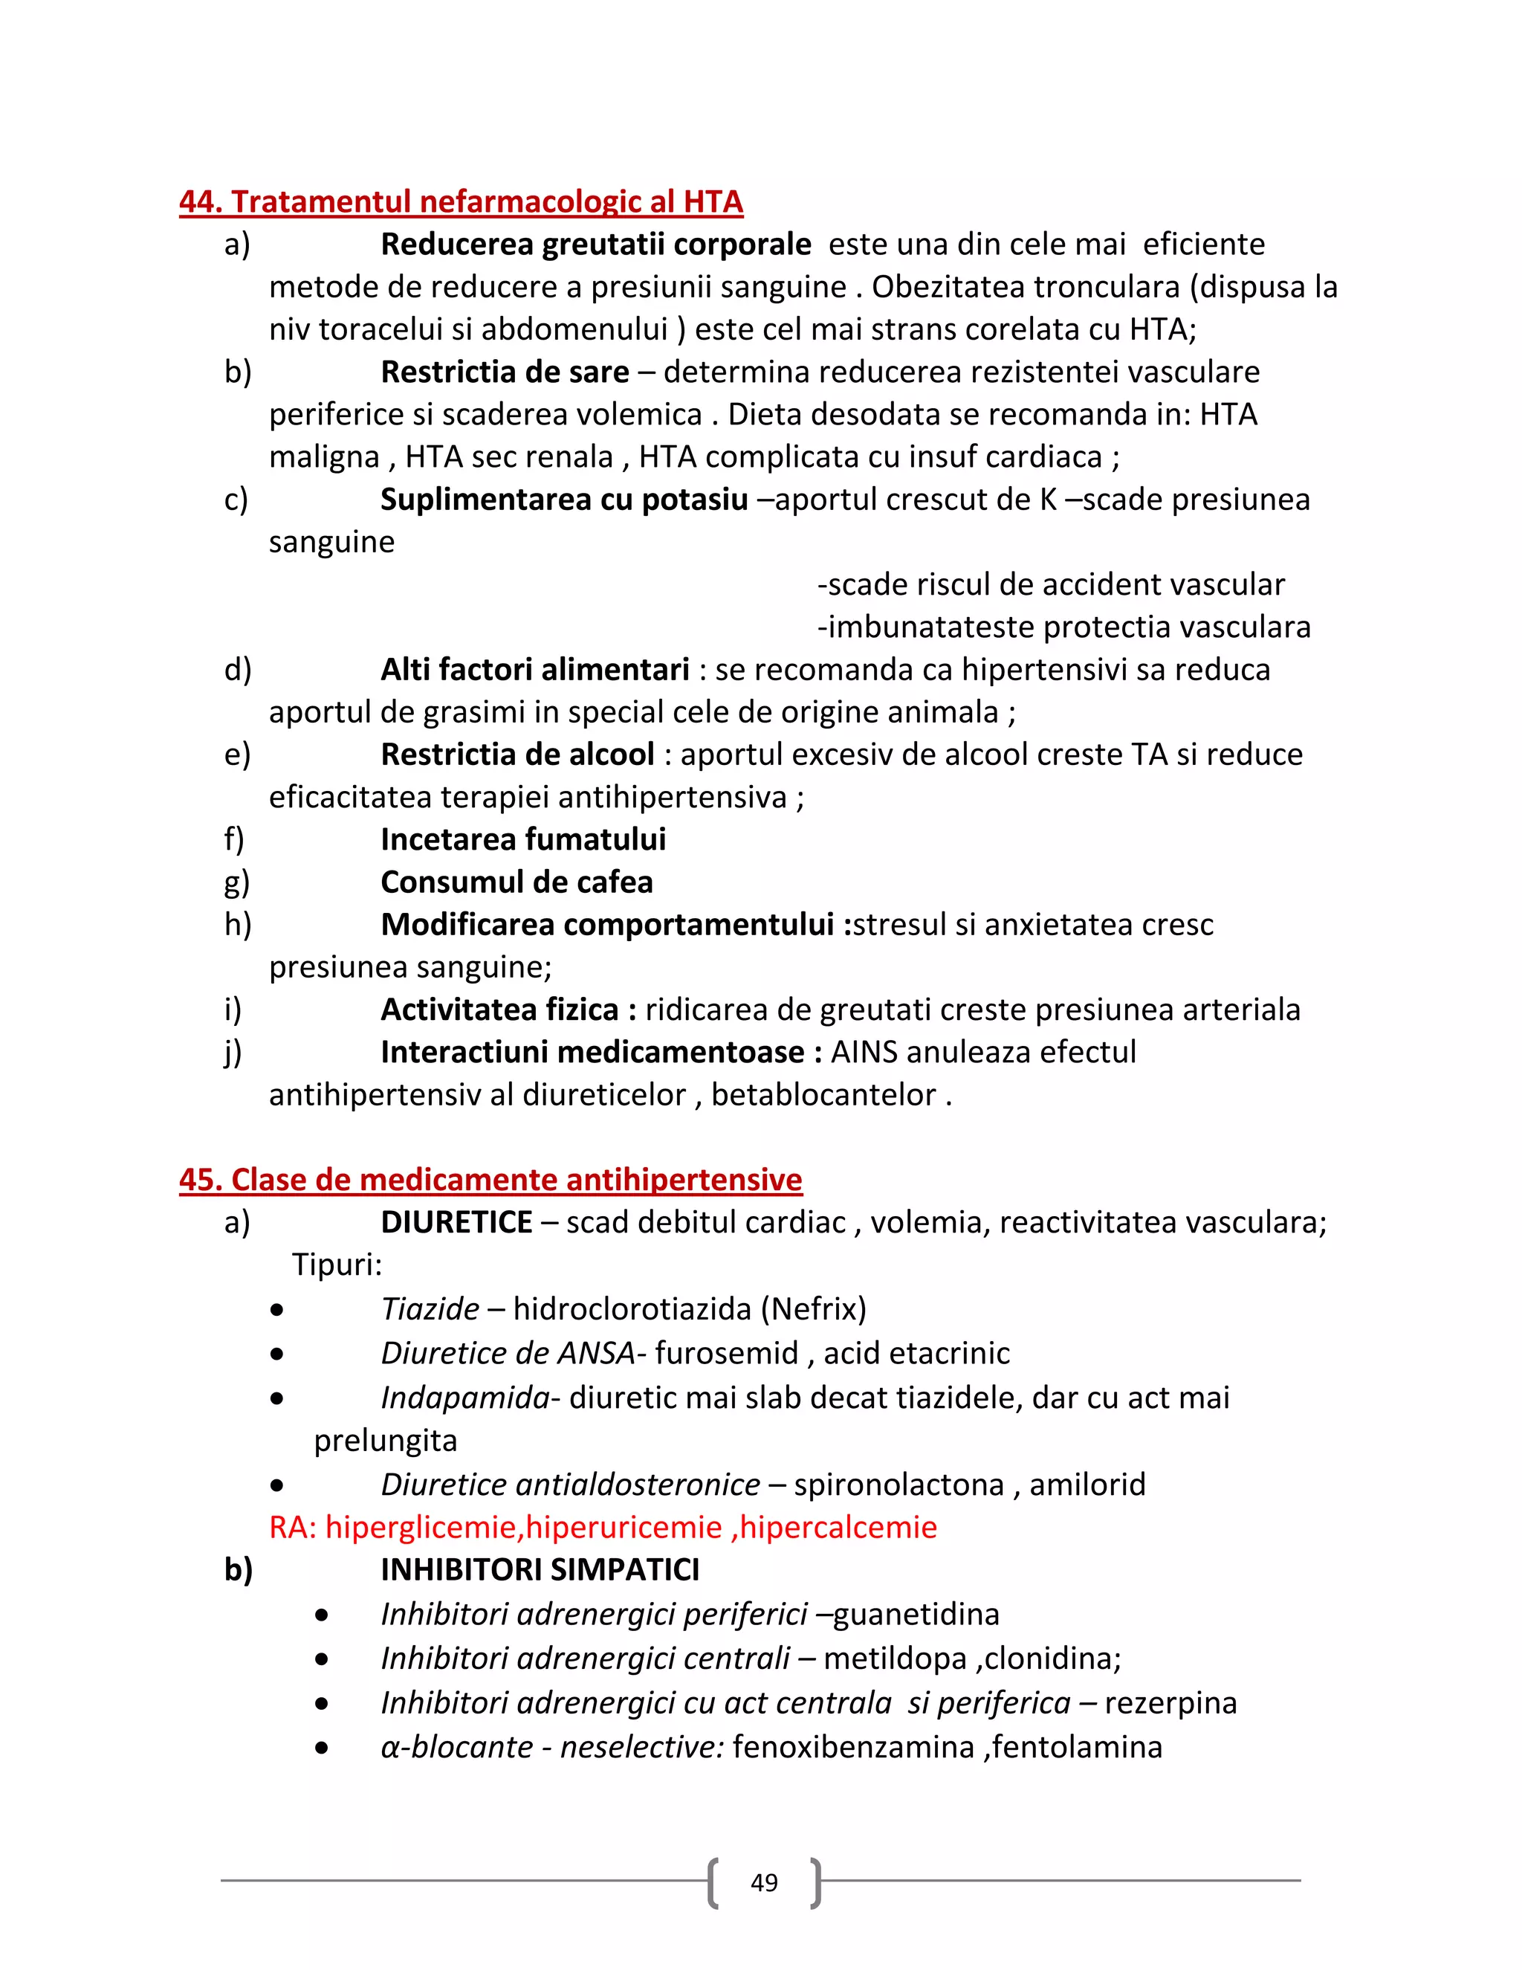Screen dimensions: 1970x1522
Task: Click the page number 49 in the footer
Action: (764, 1882)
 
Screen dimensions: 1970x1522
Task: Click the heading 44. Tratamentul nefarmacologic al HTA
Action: (461, 201)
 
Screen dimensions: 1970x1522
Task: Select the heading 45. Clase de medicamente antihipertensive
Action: (490, 1179)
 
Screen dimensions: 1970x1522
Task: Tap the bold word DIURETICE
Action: (456, 1222)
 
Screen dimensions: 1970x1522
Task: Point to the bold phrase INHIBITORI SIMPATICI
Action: (540, 1569)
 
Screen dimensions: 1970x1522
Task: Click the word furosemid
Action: (727, 1353)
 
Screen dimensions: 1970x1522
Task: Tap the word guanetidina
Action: (916, 1614)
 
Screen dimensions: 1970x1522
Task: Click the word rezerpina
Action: (1170, 1702)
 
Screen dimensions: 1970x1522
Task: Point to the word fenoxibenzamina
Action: (854, 1746)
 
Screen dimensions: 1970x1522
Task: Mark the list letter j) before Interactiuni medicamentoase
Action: (233, 1053)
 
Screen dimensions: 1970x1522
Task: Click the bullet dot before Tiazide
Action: (276, 1310)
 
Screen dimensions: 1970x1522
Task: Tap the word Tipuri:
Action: (337, 1265)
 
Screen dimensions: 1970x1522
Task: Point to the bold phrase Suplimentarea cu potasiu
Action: (563, 499)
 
